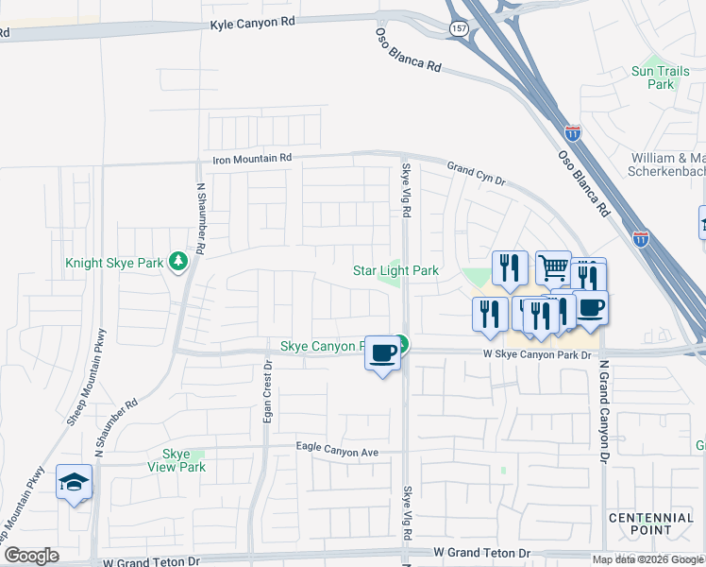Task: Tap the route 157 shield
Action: point(458,28)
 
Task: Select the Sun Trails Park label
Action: point(653,77)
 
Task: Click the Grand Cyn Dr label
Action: point(477,173)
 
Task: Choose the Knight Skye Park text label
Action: point(112,264)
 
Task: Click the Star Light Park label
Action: point(395,270)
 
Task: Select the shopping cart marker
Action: point(553,267)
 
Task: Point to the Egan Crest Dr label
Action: point(268,392)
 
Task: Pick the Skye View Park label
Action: point(176,460)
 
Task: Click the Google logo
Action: point(31,556)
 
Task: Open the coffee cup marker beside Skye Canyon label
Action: point(382,352)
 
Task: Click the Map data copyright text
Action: point(648,559)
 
